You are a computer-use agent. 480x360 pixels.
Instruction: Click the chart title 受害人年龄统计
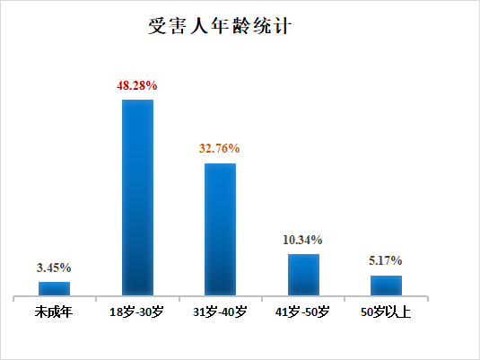click(x=220, y=26)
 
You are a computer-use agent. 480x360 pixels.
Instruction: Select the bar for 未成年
click(x=54, y=288)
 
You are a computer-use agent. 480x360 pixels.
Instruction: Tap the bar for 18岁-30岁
click(x=137, y=197)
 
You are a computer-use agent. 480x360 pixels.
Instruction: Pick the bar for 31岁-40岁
click(x=220, y=229)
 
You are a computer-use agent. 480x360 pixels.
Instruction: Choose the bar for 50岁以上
click(x=386, y=285)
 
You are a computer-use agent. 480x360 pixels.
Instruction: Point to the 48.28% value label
click(x=137, y=85)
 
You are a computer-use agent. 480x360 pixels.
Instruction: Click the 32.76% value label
click(x=220, y=149)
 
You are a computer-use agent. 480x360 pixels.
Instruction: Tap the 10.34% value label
click(x=303, y=240)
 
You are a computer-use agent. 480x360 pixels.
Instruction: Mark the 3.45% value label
click(x=54, y=268)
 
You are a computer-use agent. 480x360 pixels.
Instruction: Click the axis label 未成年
click(x=54, y=312)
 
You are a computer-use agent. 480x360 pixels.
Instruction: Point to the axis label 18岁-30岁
click(x=137, y=312)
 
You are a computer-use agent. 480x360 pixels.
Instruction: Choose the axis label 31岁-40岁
click(x=220, y=312)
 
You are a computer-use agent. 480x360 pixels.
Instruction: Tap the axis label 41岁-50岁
click(x=303, y=312)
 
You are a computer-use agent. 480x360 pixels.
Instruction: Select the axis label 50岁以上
click(x=386, y=312)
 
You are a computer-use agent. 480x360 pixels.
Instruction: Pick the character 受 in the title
click(x=156, y=26)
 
